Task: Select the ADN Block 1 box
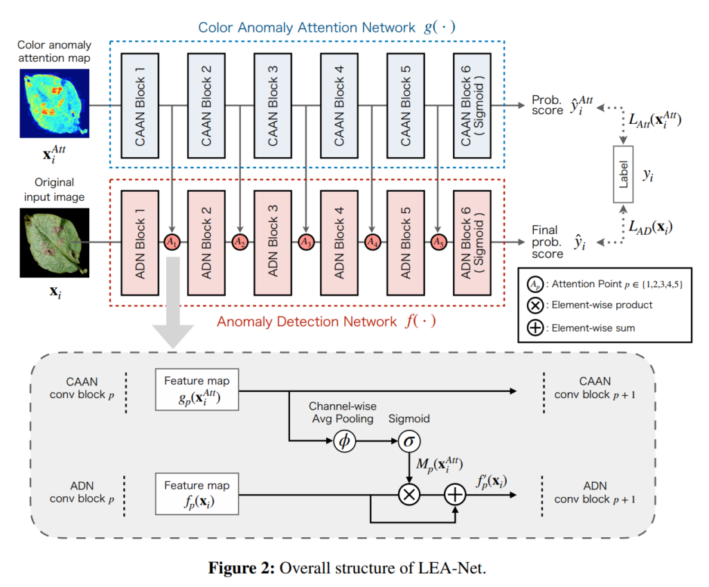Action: click(x=141, y=242)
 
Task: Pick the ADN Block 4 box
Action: click(x=340, y=242)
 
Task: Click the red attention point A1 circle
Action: click(x=172, y=242)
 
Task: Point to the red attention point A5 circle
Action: click(x=438, y=242)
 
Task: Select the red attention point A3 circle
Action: click(x=305, y=242)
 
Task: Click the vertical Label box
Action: click(x=624, y=174)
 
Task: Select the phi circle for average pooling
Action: click(x=343, y=441)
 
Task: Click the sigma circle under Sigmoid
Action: click(x=409, y=441)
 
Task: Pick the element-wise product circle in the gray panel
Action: click(x=409, y=494)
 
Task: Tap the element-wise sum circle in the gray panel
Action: click(x=455, y=494)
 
